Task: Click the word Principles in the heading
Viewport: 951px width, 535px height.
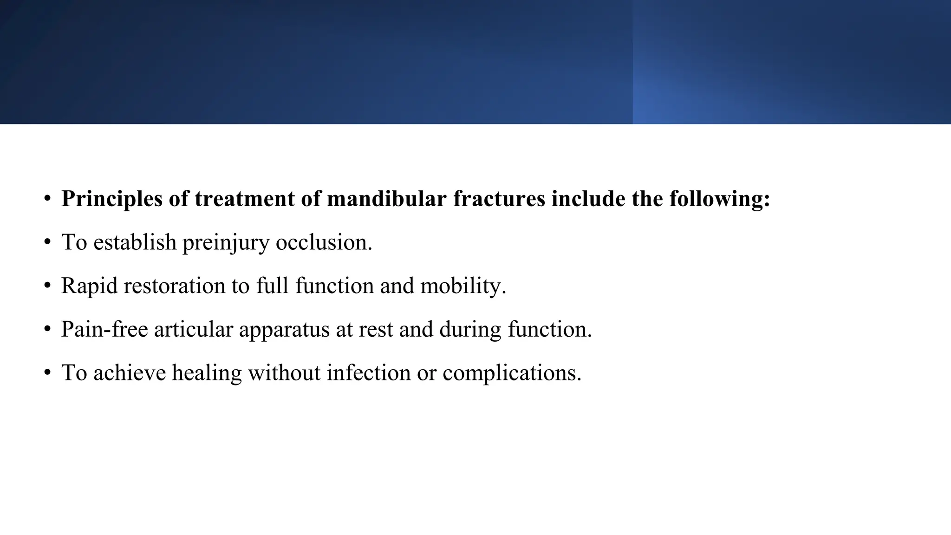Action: (x=112, y=199)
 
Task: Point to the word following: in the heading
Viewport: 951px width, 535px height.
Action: (x=720, y=199)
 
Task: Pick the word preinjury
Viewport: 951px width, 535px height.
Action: (x=226, y=242)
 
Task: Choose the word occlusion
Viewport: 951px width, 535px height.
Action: (x=324, y=242)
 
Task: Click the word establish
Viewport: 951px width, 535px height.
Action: (x=135, y=242)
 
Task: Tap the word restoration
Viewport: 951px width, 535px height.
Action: (x=175, y=286)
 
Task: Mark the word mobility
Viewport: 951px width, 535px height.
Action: (x=463, y=286)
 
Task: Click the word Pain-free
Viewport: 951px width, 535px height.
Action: (x=104, y=329)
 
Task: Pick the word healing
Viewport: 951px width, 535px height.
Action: (x=207, y=373)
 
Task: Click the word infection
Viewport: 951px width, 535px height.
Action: (x=369, y=373)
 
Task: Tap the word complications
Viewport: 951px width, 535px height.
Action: (x=512, y=373)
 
